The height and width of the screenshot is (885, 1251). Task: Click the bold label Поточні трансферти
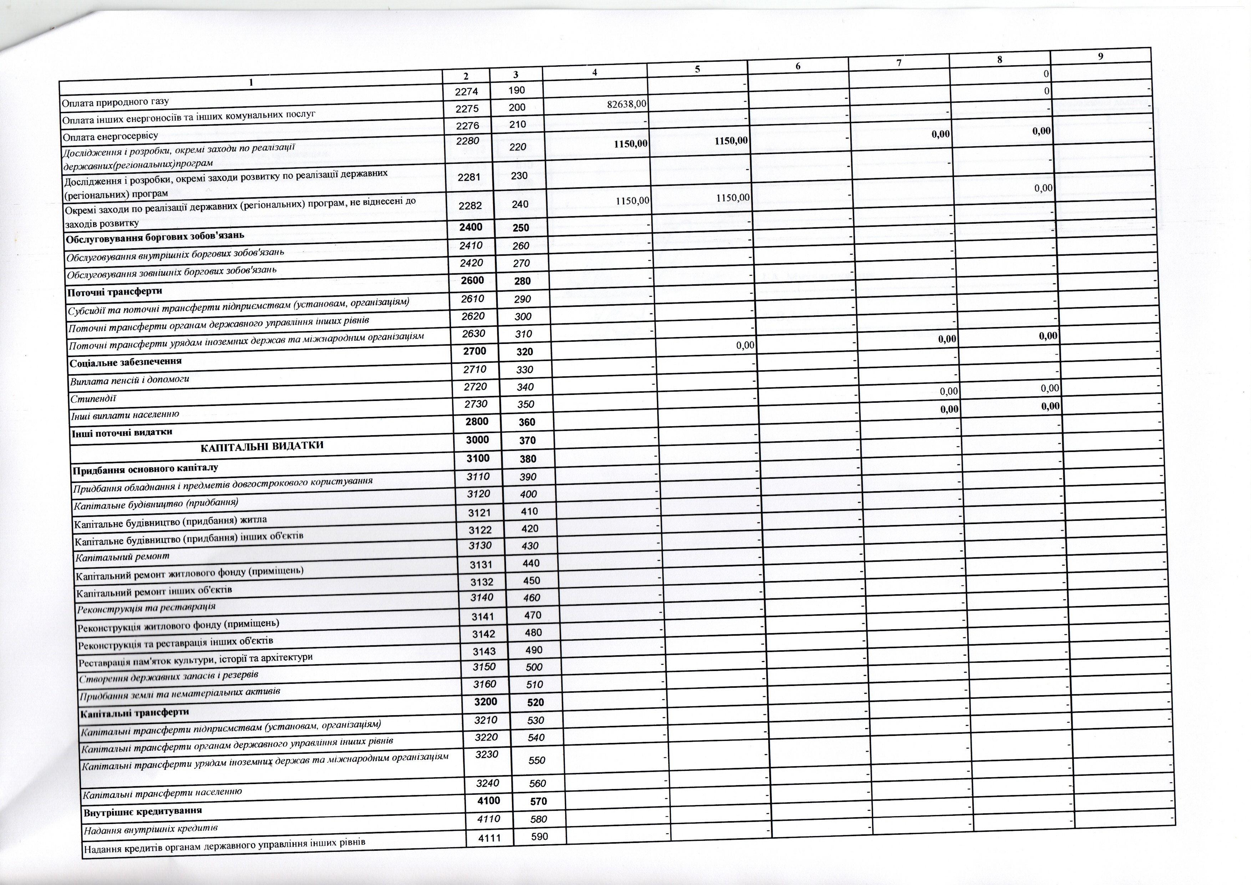[x=115, y=291]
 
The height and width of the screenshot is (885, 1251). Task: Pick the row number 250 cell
[x=521, y=228]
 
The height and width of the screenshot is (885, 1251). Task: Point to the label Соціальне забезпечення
[x=125, y=362]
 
